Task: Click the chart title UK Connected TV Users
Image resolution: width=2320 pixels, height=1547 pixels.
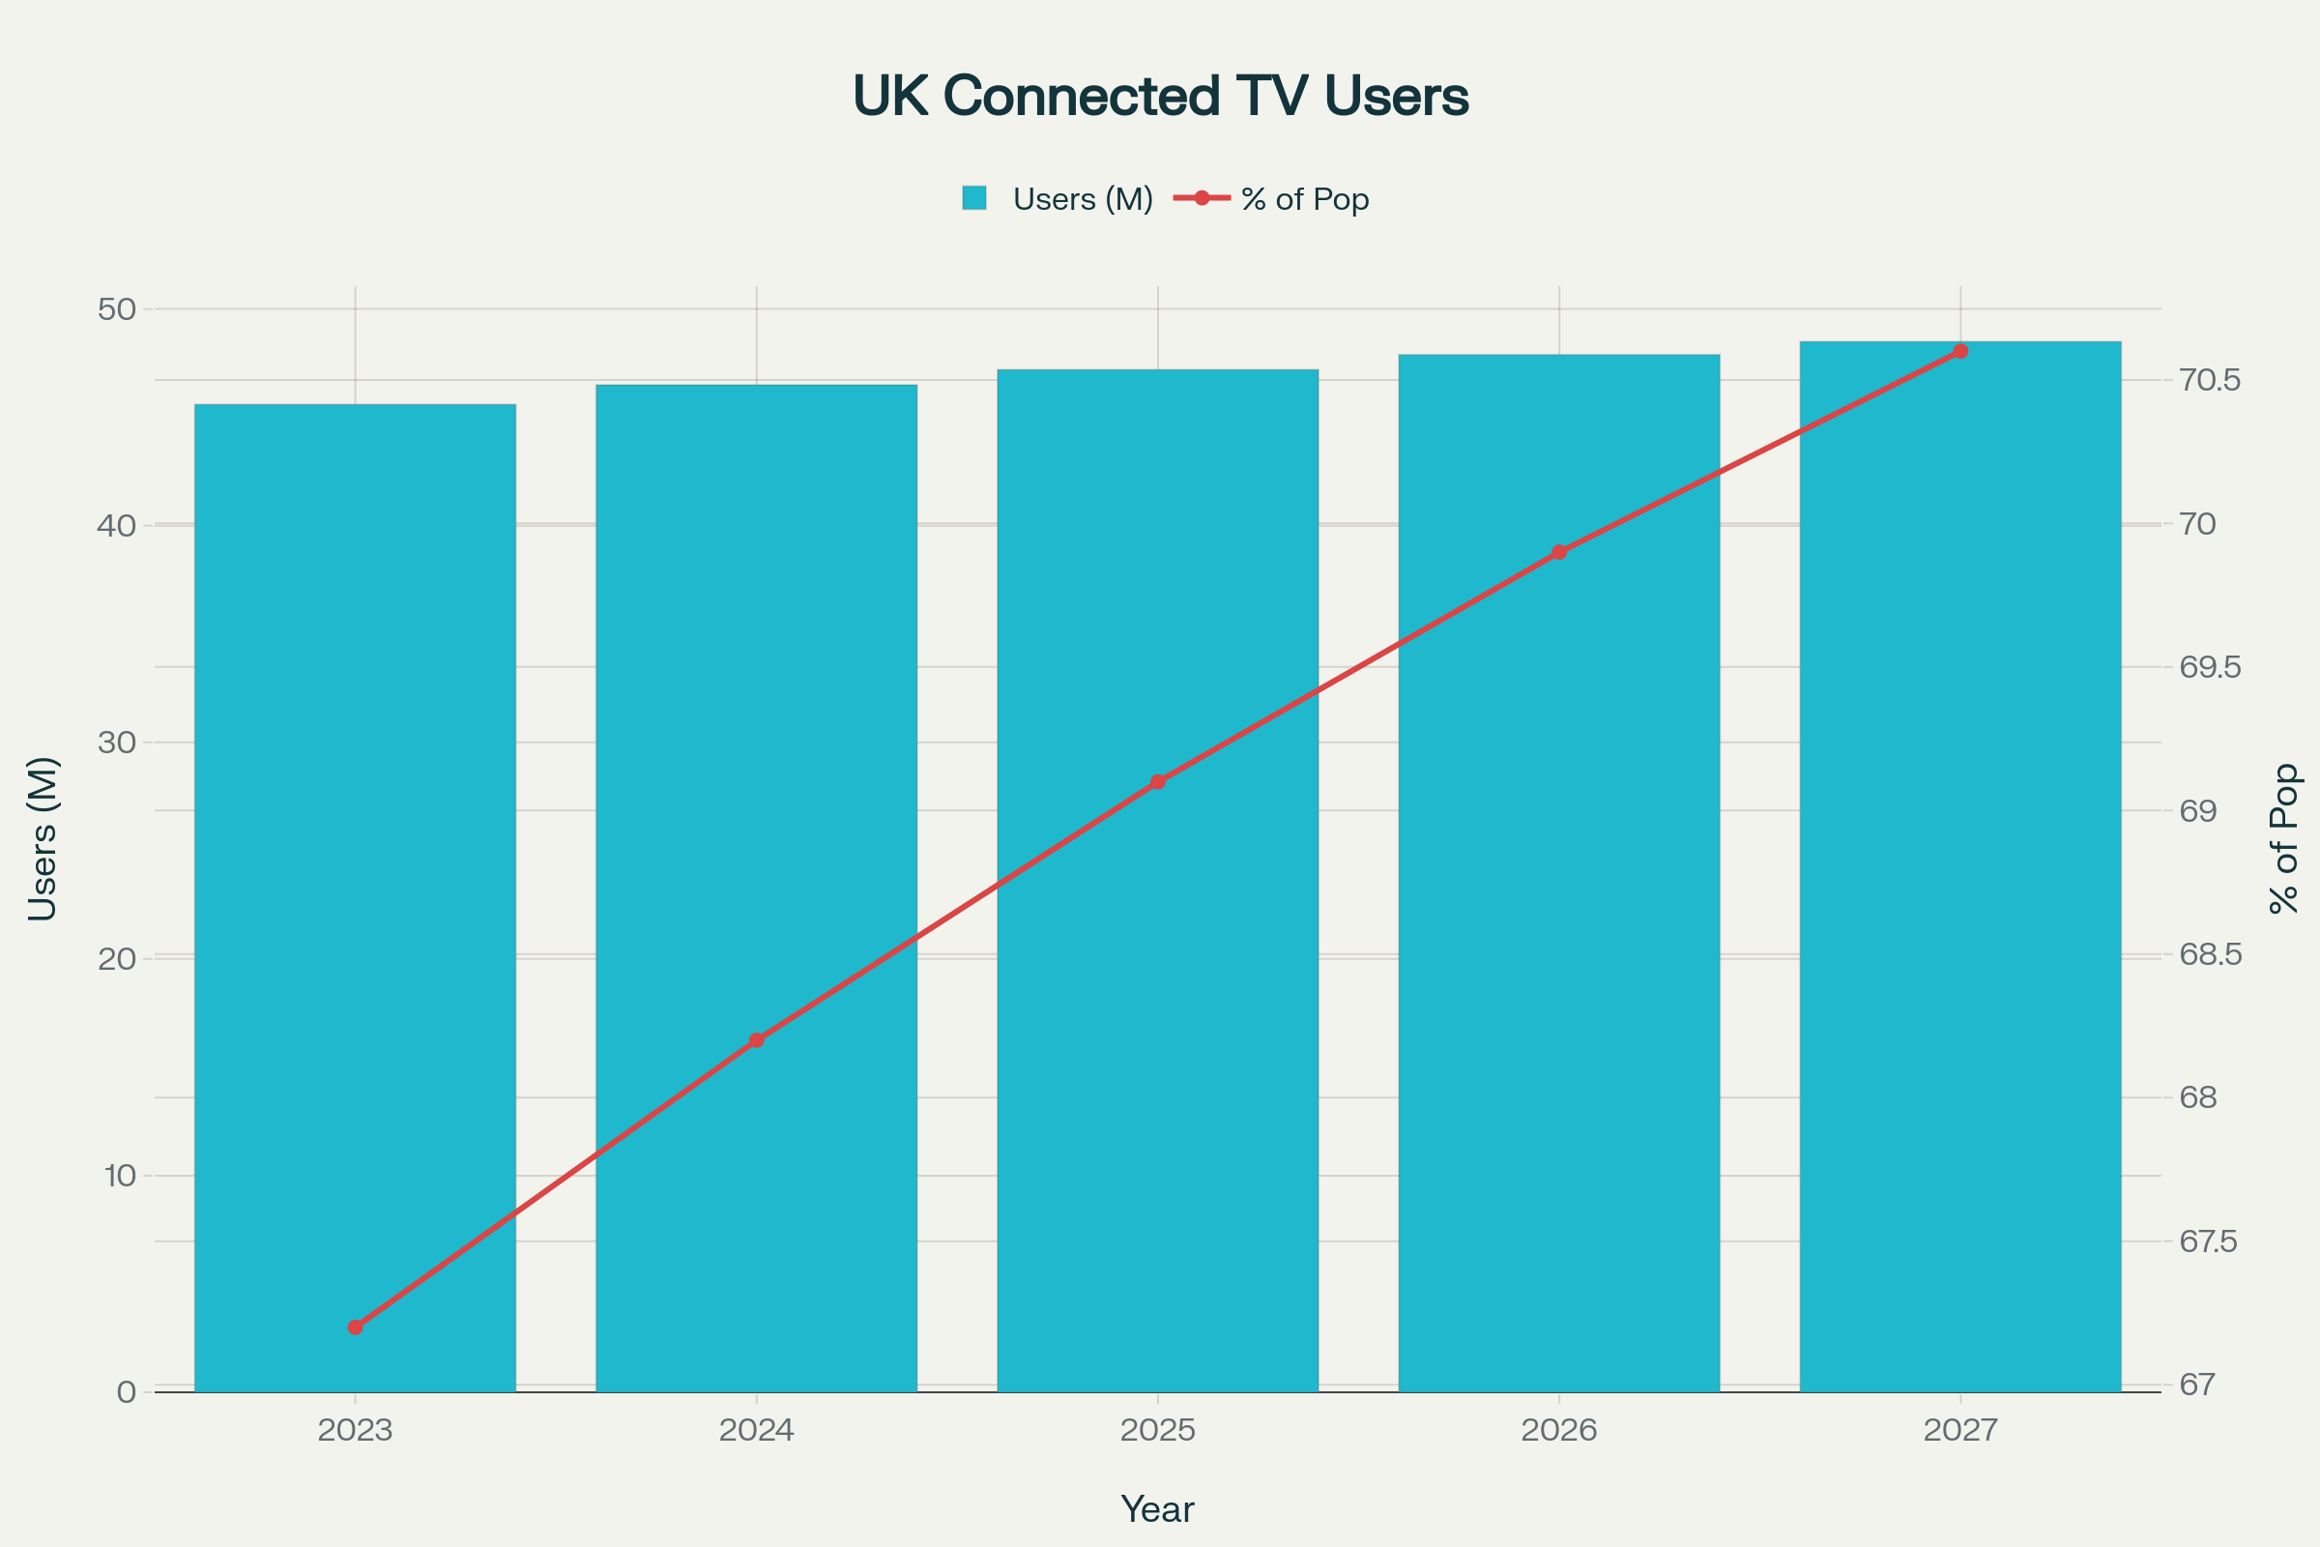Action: [1160, 97]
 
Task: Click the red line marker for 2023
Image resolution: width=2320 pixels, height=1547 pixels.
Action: [355, 1327]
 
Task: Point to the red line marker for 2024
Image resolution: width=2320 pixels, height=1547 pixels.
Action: [757, 1040]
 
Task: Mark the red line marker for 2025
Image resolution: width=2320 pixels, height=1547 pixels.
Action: [1158, 782]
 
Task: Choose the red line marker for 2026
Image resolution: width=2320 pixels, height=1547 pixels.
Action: [1558, 552]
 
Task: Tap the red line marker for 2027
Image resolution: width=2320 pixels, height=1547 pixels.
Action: [1960, 351]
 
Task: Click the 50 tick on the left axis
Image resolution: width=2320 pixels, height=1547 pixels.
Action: [116, 309]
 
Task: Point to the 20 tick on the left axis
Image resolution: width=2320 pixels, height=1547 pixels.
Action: [116, 959]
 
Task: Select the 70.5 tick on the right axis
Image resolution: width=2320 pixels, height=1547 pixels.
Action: [2210, 381]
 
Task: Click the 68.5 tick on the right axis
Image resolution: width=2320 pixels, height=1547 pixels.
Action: [2210, 955]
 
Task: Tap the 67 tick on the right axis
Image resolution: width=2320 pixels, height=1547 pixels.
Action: [2197, 1386]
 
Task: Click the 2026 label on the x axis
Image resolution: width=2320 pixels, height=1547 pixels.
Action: [1558, 1431]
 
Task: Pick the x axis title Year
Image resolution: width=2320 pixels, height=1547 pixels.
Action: [1157, 1509]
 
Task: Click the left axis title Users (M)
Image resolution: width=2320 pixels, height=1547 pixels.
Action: [43, 838]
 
